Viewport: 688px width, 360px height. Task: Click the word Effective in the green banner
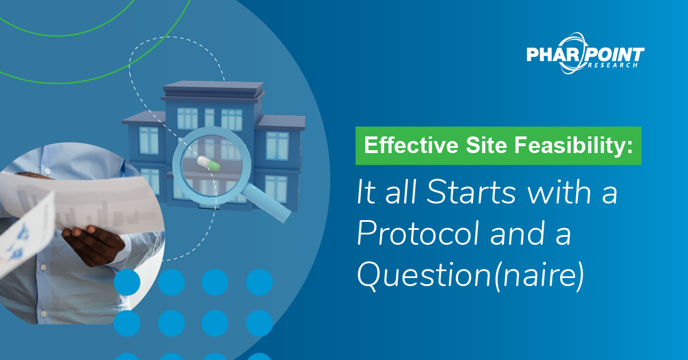point(411,145)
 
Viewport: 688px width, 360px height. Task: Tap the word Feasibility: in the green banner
point(573,145)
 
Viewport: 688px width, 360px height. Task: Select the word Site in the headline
point(486,145)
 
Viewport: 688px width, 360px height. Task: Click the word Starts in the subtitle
point(471,192)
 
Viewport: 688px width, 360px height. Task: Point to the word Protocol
point(418,233)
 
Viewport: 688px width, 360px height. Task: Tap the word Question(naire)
point(471,275)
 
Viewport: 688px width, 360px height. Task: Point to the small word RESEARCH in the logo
point(613,65)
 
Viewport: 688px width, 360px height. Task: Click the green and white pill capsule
point(209,164)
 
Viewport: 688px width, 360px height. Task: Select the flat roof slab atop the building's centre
point(213,88)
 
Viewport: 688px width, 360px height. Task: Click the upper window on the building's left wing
point(148,140)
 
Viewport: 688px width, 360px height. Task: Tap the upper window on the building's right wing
point(277,146)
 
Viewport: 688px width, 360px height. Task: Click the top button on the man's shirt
point(47,171)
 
